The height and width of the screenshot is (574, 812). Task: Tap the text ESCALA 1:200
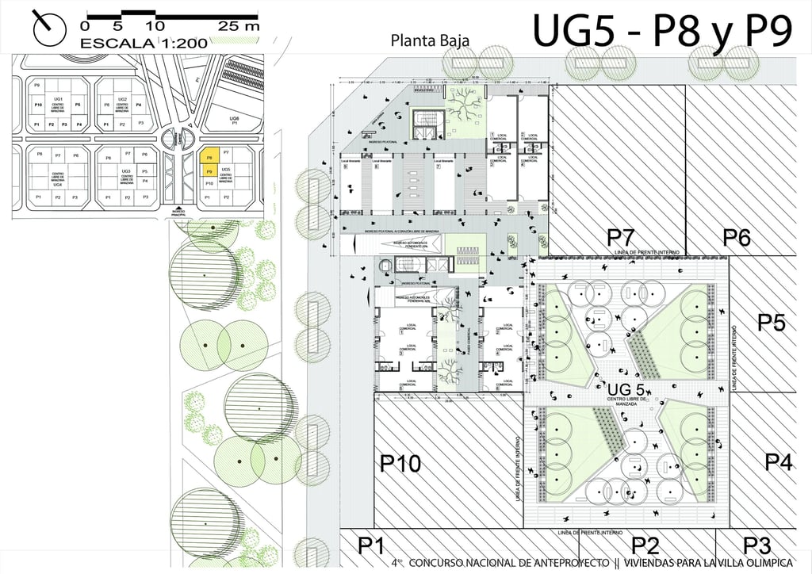point(144,43)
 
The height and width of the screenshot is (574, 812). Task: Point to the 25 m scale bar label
point(239,25)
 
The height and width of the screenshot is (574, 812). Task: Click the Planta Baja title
point(431,40)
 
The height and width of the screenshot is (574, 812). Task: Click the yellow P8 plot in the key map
point(209,157)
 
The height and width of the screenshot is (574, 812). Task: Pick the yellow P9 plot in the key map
point(209,170)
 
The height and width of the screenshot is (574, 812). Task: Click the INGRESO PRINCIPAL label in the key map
point(177,212)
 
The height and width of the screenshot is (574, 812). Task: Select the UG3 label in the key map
point(126,170)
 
